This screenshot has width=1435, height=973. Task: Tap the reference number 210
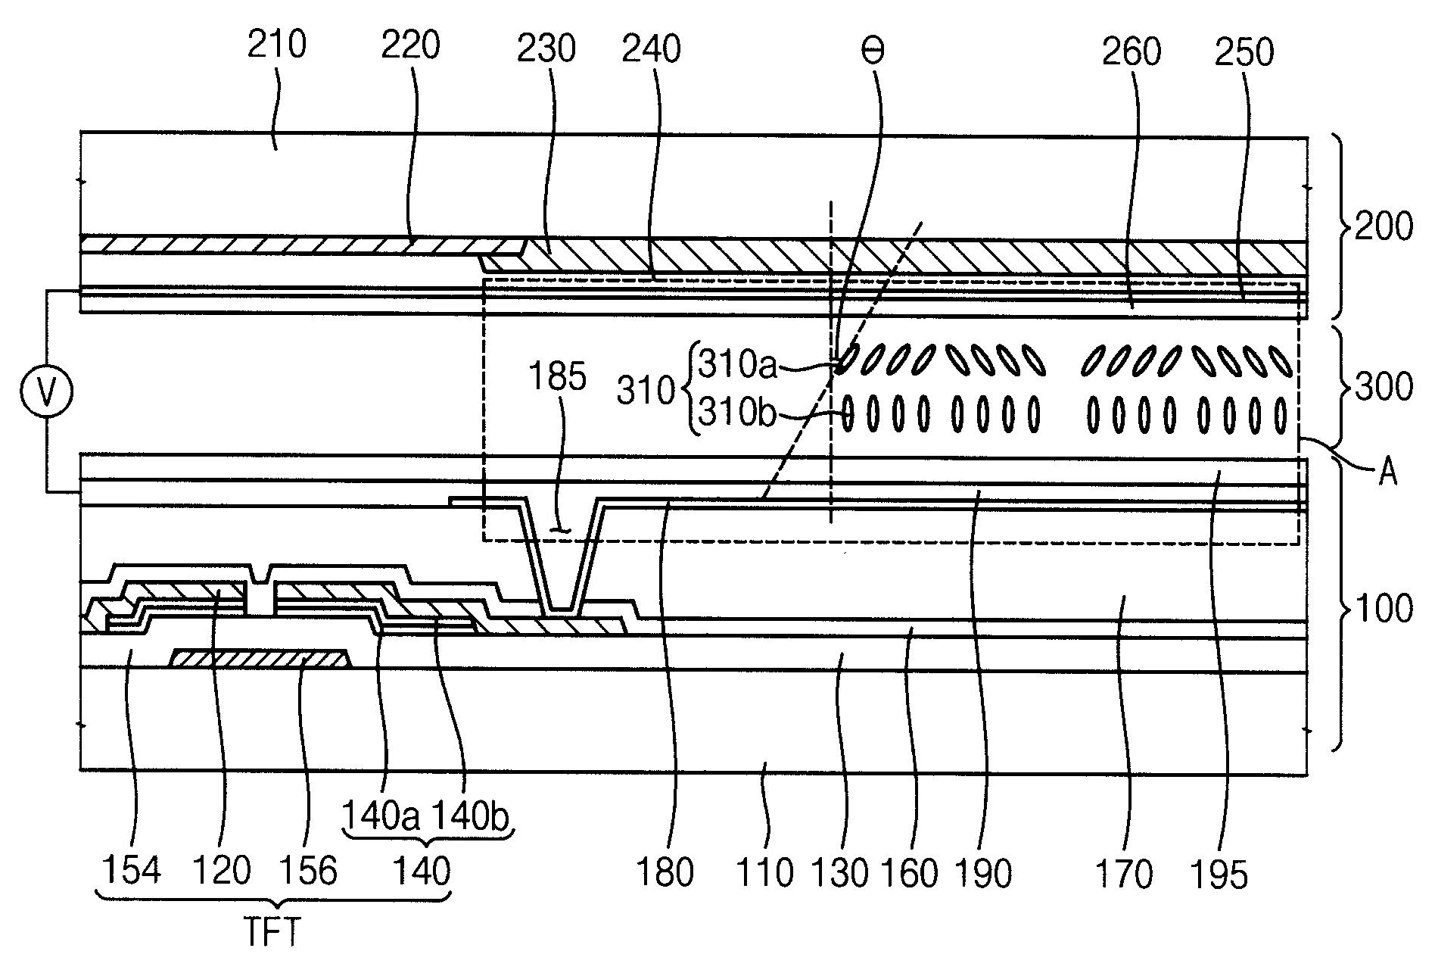coord(277,45)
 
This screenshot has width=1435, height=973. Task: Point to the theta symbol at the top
coord(873,51)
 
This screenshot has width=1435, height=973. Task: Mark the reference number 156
coord(307,872)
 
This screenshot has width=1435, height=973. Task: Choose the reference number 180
coord(665,873)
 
